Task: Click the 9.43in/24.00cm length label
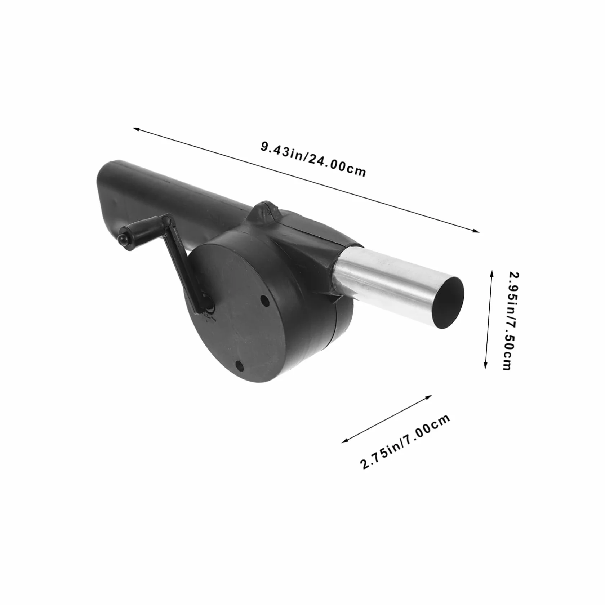click(313, 159)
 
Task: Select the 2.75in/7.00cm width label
click(406, 442)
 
